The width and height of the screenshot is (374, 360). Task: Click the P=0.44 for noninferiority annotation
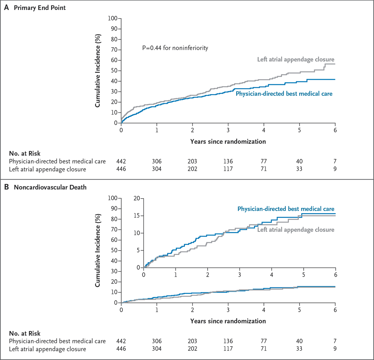tap(175, 48)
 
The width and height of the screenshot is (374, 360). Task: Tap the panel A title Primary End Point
tap(40, 8)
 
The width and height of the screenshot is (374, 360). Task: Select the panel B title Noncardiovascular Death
tap(50, 187)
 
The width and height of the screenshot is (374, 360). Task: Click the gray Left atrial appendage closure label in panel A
tap(295, 59)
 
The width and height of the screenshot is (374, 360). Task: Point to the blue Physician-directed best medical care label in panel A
tap(284, 94)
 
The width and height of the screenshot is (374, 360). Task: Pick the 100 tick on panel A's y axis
tap(113, 18)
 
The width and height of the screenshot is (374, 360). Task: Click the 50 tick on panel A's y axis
tap(114, 71)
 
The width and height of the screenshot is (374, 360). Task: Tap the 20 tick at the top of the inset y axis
tap(137, 198)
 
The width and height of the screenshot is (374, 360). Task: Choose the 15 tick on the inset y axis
tap(137, 216)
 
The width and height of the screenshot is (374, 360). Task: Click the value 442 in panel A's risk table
tap(121, 161)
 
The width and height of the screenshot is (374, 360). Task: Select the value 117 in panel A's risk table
tap(228, 169)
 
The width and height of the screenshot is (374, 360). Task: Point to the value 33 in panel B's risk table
tap(299, 349)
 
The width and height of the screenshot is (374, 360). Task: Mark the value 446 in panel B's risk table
tap(121, 349)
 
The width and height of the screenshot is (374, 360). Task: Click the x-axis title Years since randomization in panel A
tap(228, 142)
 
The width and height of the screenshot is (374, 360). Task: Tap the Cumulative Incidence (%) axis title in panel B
tap(98, 250)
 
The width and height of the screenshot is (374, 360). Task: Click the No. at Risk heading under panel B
tap(25, 333)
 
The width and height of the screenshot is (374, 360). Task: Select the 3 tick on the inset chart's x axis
tap(239, 275)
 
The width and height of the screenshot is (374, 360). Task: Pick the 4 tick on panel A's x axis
tap(264, 130)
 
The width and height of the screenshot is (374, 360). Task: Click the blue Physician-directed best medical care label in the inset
tap(286, 209)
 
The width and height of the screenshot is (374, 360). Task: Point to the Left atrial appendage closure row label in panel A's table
tap(47, 169)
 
